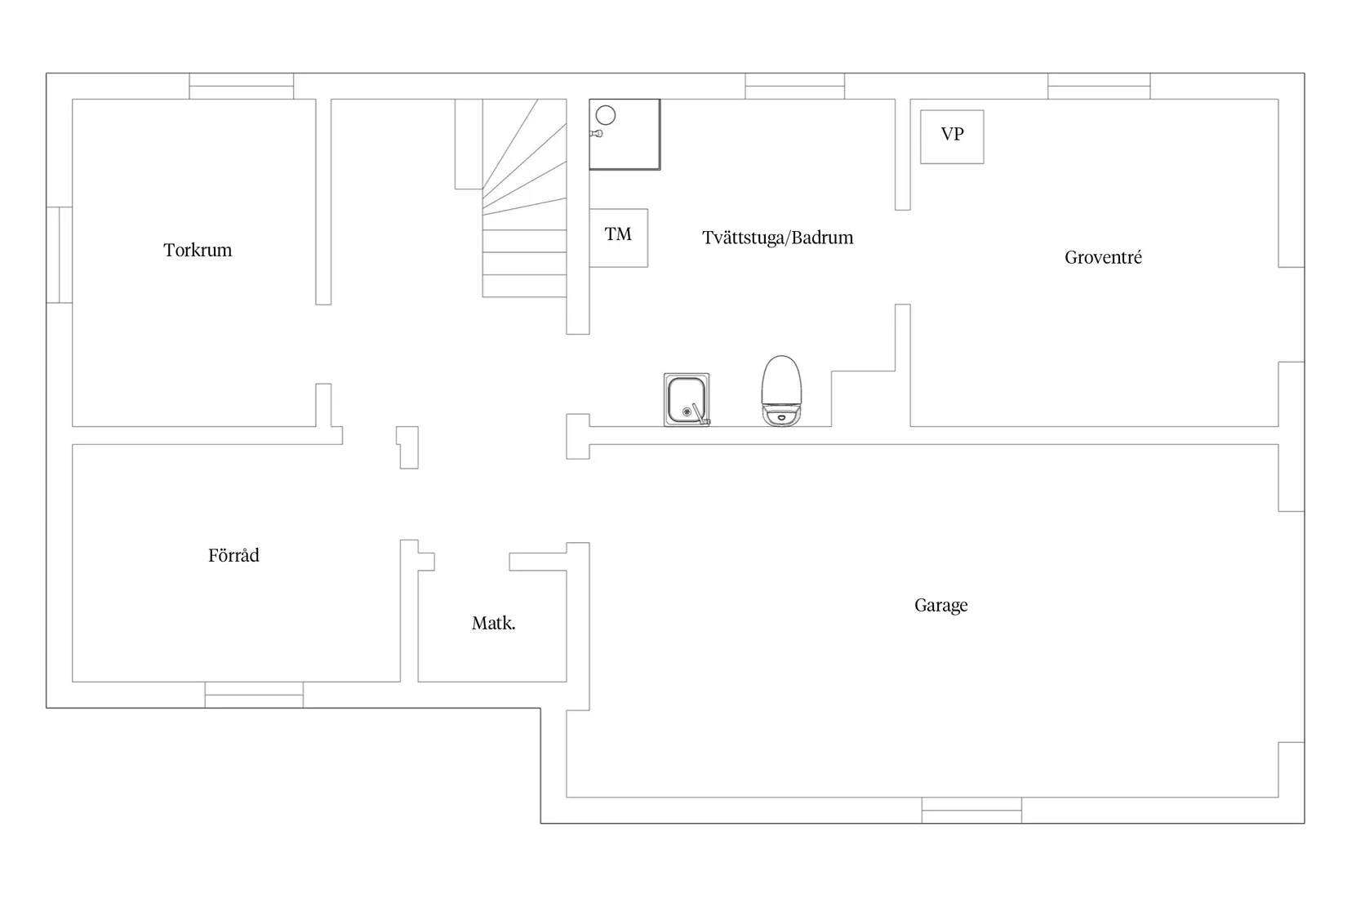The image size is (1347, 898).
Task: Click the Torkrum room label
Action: (198, 250)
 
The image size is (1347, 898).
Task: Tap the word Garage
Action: (941, 605)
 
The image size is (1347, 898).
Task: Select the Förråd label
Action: (233, 554)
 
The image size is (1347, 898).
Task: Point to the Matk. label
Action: (494, 623)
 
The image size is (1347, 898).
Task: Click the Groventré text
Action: (1103, 257)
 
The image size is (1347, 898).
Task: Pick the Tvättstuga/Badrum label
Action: (777, 238)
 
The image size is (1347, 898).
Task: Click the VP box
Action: (952, 136)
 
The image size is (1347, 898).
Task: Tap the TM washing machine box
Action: (618, 238)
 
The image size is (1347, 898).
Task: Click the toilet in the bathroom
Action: (781, 391)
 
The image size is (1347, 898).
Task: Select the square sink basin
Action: (686, 399)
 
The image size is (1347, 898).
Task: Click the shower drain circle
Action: (606, 115)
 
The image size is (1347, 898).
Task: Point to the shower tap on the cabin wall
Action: (596, 134)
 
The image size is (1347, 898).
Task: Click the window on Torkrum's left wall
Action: (60, 255)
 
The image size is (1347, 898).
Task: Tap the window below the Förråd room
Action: (254, 695)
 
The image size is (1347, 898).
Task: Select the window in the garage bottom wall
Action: (971, 810)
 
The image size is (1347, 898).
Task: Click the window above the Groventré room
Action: (1100, 86)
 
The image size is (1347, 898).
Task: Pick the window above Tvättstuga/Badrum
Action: (795, 86)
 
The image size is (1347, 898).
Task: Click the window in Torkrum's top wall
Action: (241, 86)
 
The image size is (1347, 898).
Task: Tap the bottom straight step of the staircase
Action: (524, 286)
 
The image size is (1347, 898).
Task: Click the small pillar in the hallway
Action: (407, 447)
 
